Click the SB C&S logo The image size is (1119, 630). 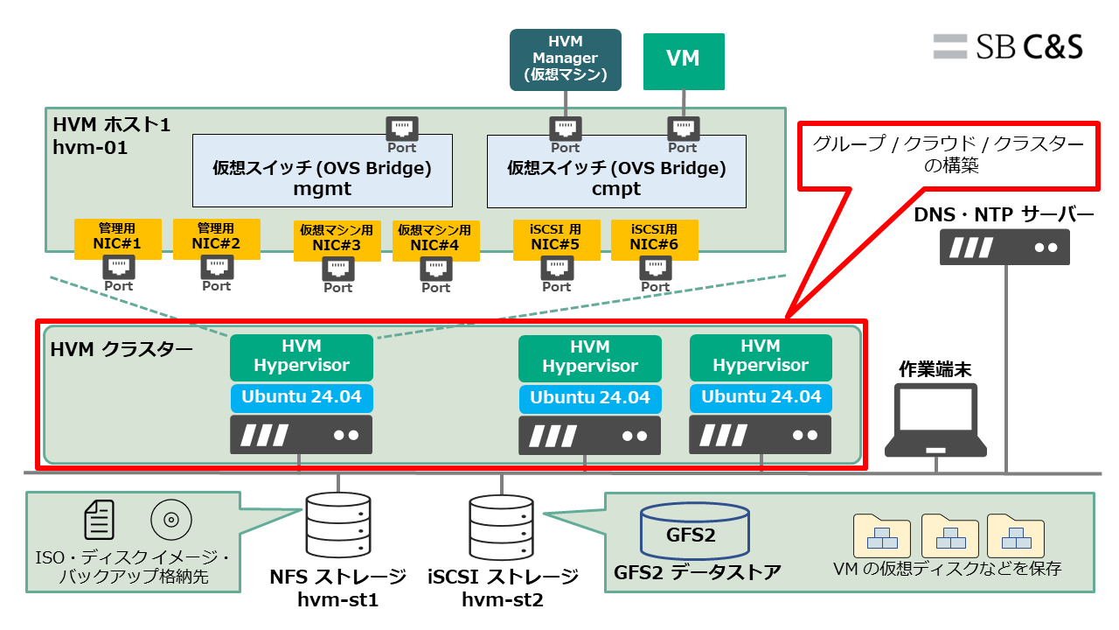[1007, 46]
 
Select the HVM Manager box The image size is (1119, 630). [565, 59]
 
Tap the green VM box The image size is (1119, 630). [684, 60]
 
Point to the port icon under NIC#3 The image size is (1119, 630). [337, 269]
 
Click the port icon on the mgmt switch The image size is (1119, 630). [402, 129]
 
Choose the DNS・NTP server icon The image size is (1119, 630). [1004, 247]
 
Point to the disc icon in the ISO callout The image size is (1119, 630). [171, 521]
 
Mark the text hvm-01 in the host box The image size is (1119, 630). [90, 147]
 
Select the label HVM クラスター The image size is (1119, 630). [122, 351]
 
